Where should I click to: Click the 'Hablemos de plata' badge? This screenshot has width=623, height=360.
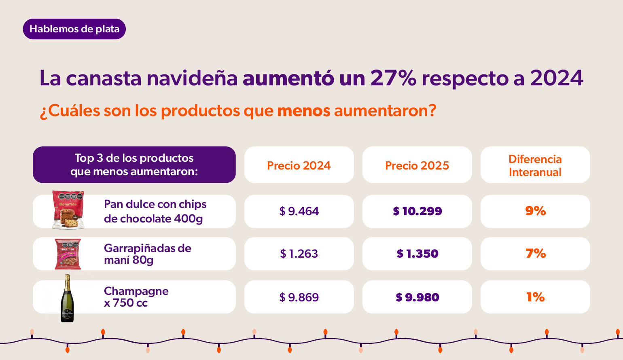click(x=74, y=29)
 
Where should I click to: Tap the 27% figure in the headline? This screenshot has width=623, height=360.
click(x=393, y=78)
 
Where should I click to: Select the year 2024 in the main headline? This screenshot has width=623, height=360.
click(x=556, y=78)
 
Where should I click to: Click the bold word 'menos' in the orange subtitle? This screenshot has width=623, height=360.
click(x=303, y=110)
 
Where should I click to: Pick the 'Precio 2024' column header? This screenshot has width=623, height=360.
click(x=299, y=165)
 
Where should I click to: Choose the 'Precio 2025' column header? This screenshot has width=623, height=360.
click(x=417, y=165)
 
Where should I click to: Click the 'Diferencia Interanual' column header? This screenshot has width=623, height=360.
click(x=535, y=165)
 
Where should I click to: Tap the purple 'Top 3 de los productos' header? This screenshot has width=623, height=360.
click(x=134, y=165)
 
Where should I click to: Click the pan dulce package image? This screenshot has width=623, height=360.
click(x=68, y=210)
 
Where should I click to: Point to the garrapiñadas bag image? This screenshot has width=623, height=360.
click(x=68, y=254)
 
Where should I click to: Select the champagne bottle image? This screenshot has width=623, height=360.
click(x=67, y=298)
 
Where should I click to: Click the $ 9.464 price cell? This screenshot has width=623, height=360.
click(x=299, y=211)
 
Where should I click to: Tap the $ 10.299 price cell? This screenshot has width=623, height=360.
click(x=417, y=211)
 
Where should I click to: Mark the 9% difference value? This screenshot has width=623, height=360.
click(x=535, y=211)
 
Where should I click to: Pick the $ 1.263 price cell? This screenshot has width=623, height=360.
click(x=299, y=254)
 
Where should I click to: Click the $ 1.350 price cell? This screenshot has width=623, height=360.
click(x=417, y=254)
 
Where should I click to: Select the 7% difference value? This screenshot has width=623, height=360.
click(x=535, y=253)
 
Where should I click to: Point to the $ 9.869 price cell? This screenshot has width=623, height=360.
click(x=299, y=297)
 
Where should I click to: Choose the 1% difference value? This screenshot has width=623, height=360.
click(x=535, y=297)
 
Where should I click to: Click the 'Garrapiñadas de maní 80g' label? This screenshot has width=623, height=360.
click(x=147, y=254)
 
